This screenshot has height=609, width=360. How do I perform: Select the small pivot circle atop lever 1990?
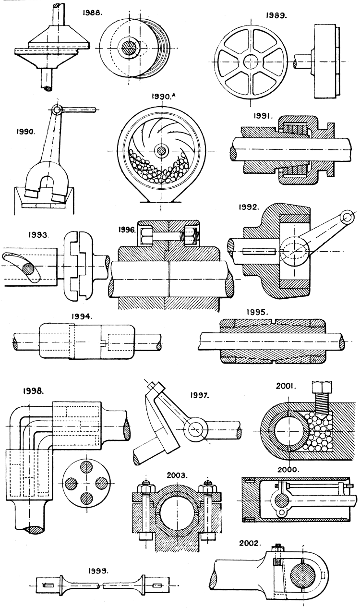[x=58, y=110]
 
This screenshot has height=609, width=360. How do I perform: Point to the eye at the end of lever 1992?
[x=345, y=218]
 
